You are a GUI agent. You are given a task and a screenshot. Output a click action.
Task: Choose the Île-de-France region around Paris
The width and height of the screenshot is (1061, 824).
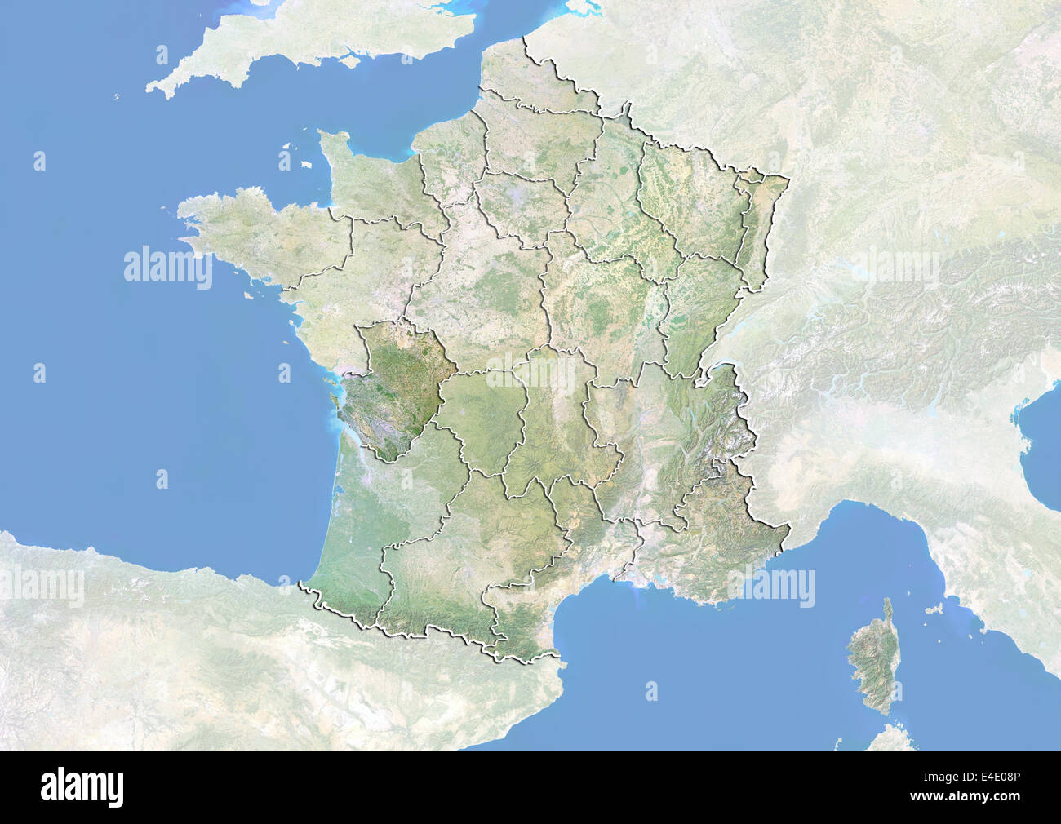pyautogui.click(x=518, y=204)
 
